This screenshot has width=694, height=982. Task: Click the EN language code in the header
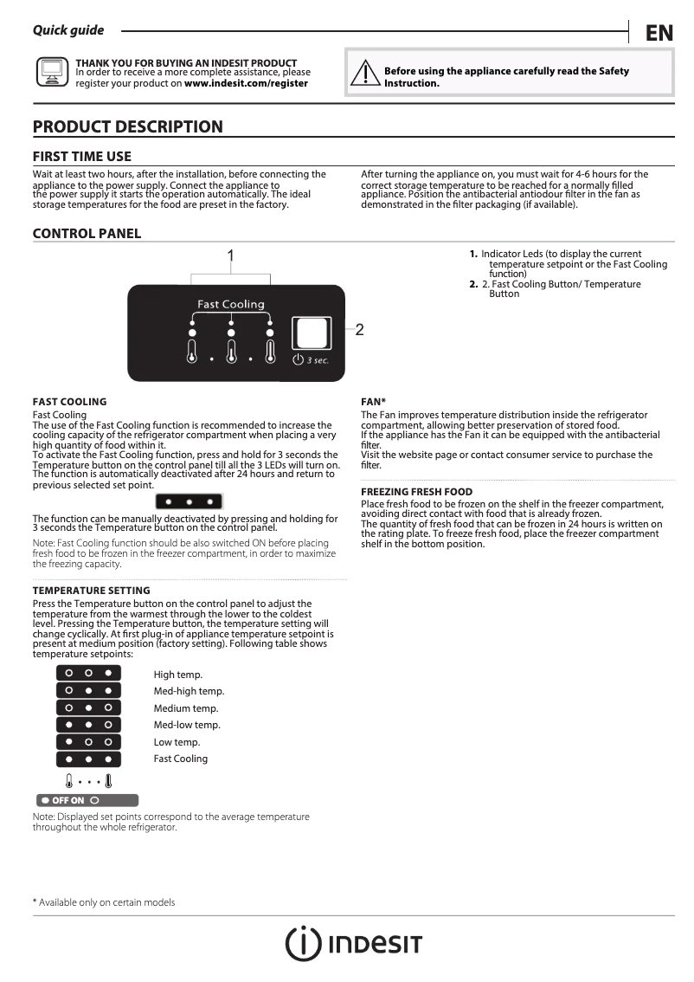pyautogui.click(x=659, y=33)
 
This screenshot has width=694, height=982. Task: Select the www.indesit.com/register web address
pyautogui.click(x=246, y=84)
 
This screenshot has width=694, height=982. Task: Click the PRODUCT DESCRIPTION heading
pyautogui.click(x=127, y=127)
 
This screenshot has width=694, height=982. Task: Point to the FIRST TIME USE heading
pyautogui.click(x=82, y=157)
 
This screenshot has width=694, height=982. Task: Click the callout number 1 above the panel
pyautogui.click(x=231, y=255)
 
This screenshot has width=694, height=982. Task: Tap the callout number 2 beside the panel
pyautogui.click(x=359, y=329)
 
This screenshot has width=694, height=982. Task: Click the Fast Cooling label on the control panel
pyautogui.click(x=231, y=304)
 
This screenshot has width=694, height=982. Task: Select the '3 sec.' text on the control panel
pyautogui.click(x=318, y=359)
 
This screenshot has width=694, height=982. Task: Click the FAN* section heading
pyautogui.click(x=373, y=402)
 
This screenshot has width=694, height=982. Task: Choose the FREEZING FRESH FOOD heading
pyautogui.click(x=416, y=492)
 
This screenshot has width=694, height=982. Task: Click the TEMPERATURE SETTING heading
pyautogui.click(x=91, y=591)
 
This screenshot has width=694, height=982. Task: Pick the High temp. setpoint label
pyautogui.click(x=178, y=675)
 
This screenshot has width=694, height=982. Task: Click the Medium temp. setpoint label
pyautogui.click(x=186, y=708)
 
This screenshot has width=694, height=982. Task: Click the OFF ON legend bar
pyautogui.click(x=86, y=800)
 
